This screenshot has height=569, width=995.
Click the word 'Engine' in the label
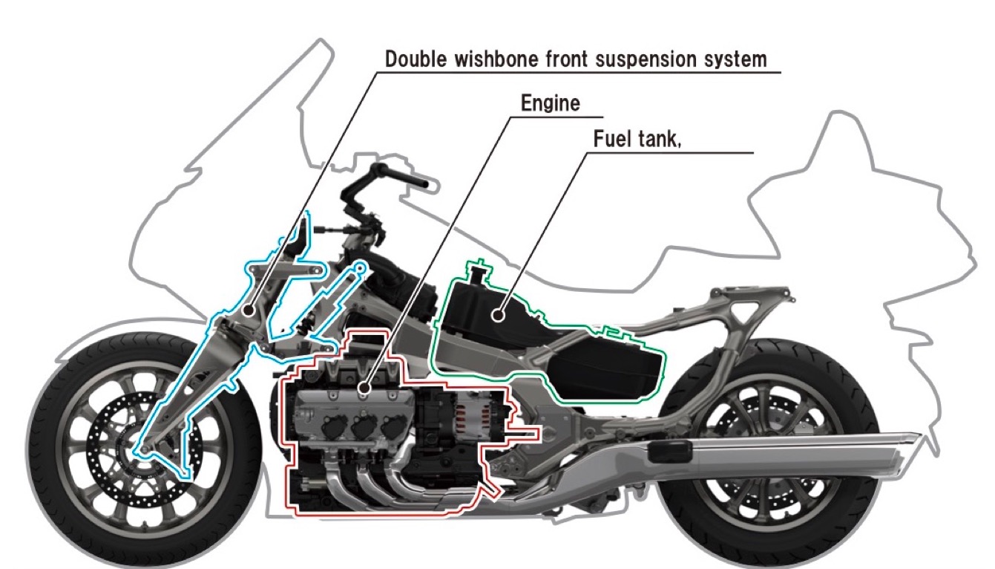pyautogui.click(x=551, y=103)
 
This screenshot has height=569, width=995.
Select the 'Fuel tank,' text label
pyautogui.click(x=637, y=139)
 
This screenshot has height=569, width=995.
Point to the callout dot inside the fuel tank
pyautogui.click(x=499, y=316)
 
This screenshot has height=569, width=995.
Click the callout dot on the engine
pyautogui.click(x=364, y=388)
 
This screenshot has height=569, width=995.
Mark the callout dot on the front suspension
pyautogui.click(x=249, y=310)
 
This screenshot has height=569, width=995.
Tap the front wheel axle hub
pyautogui.click(x=143, y=450)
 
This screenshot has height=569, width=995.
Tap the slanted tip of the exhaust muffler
pyautogui.click(x=915, y=440)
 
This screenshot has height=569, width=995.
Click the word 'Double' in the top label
pyautogui.click(x=416, y=59)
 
